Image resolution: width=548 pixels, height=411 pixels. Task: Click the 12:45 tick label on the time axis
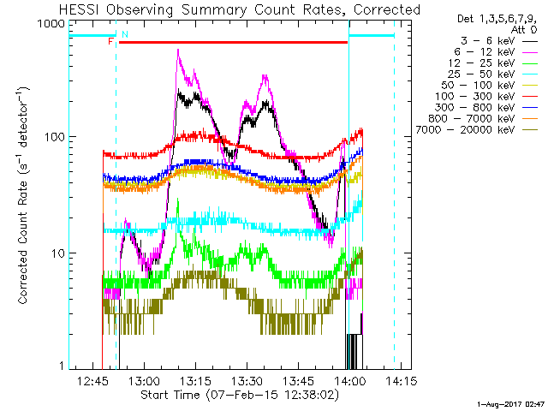[x=92, y=380]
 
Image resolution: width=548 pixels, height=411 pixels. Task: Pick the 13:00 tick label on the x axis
[x=143, y=380]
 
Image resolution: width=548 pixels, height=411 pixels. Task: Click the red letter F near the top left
[x=110, y=40]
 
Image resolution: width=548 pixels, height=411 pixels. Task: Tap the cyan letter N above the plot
[x=125, y=34]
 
